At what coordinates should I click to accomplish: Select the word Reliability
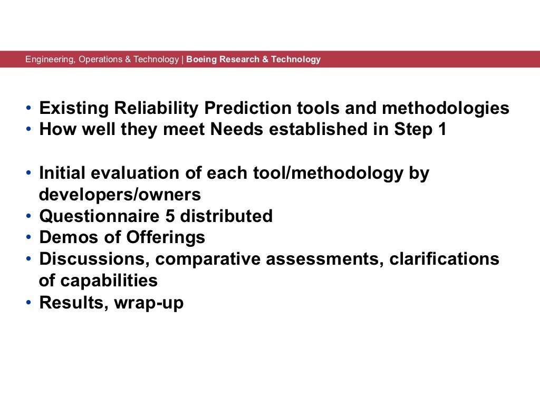(152, 108)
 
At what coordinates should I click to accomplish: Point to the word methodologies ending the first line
(446, 108)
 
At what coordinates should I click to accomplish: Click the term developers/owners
(120, 195)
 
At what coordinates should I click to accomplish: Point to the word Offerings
(165, 237)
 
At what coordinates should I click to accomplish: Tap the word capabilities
(109, 281)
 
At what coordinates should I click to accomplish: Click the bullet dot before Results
(28, 303)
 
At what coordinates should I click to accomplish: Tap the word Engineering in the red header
(50, 59)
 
